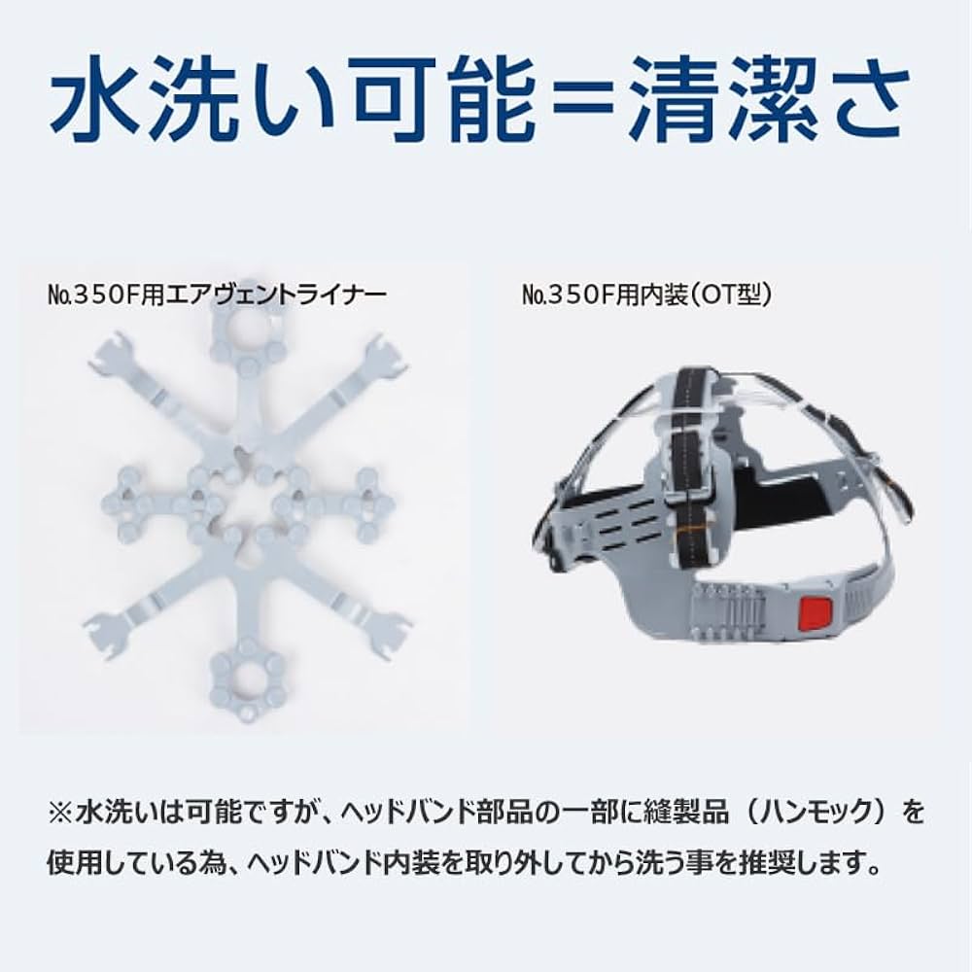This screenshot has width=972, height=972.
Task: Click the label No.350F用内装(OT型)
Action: coord(646,295)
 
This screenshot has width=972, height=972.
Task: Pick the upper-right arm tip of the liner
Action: coord(387,358)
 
